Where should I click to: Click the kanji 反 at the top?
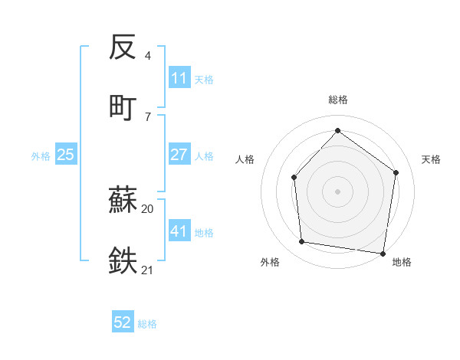tap(123, 47)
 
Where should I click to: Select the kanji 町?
tap(123, 107)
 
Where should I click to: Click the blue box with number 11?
tap(179, 78)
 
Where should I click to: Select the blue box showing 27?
tap(179, 155)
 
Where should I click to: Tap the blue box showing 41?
tap(179, 231)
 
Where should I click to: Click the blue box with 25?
tap(66, 155)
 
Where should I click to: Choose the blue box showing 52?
tap(123, 322)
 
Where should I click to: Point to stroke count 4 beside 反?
tap(148, 56)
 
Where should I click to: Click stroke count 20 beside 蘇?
tap(148, 208)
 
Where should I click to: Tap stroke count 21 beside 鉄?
tap(148, 269)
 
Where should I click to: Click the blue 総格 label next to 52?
tap(147, 324)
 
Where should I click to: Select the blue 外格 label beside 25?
tap(41, 156)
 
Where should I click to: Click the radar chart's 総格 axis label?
tap(337, 100)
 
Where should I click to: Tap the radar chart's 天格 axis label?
tap(431, 159)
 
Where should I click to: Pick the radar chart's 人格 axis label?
tap(245, 159)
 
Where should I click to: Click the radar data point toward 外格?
tap(302, 242)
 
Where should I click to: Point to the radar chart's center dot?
tap(337, 191)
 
